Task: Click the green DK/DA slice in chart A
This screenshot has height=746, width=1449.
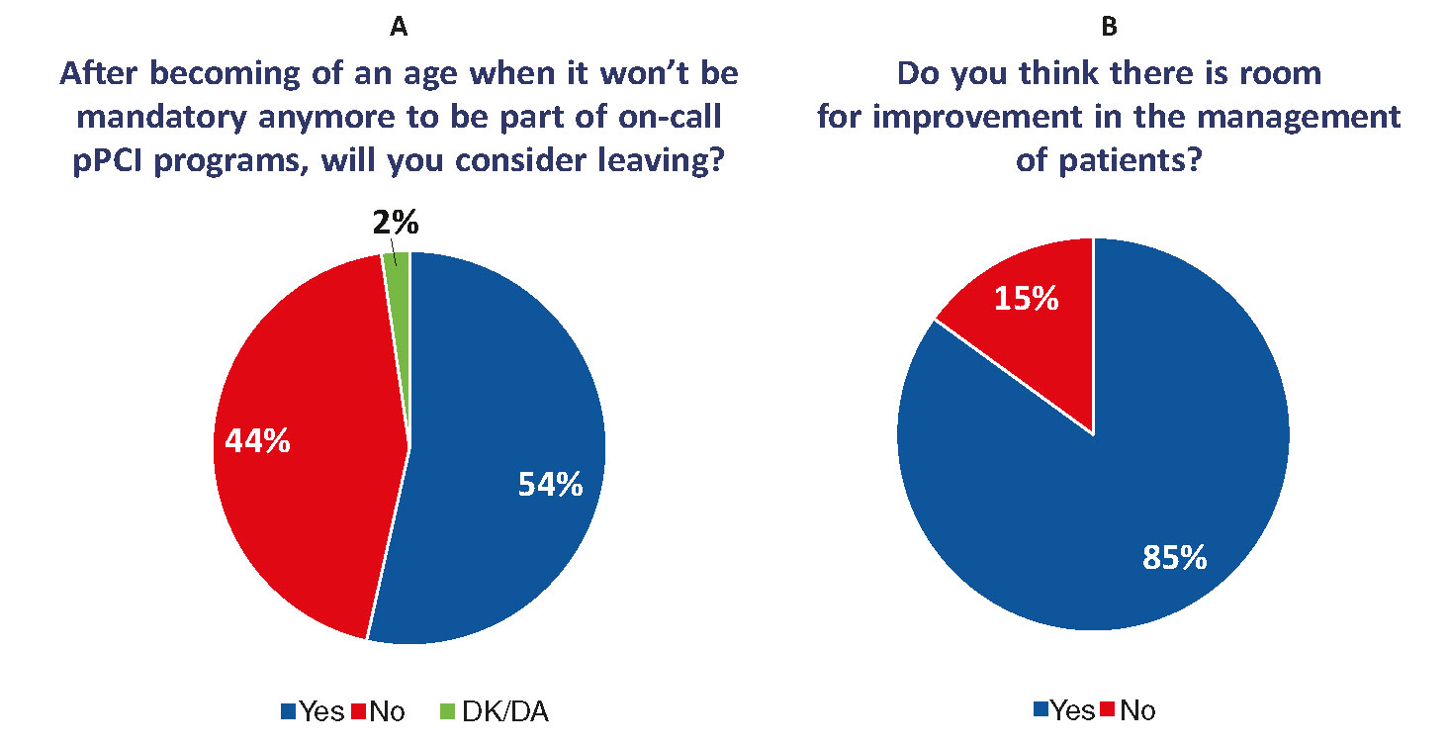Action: (397, 260)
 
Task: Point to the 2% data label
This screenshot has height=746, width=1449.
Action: (397, 225)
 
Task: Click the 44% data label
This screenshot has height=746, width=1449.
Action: (257, 441)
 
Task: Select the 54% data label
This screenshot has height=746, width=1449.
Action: (550, 485)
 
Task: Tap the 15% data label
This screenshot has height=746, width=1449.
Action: (1027, 298)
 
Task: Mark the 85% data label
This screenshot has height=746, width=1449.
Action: (1174, 558)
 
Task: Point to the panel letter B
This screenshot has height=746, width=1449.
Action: (1109, 28)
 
